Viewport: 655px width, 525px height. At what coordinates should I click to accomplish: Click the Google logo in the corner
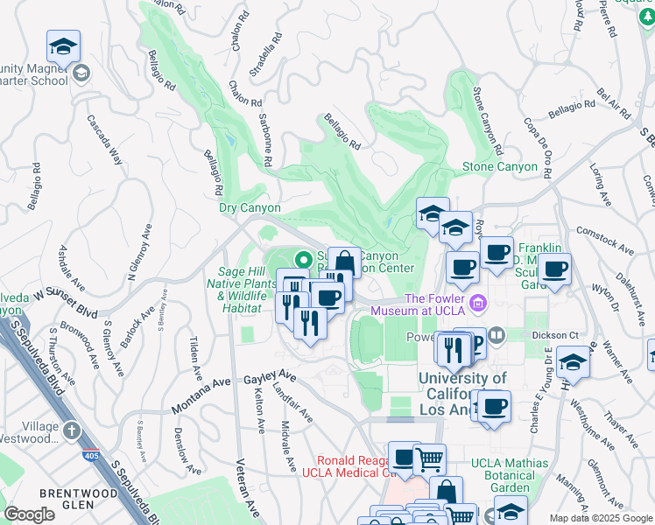30,514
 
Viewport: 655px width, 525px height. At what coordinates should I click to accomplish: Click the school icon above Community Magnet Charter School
63,46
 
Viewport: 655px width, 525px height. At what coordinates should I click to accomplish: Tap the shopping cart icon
429,458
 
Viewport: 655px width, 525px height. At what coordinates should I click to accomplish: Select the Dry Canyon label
250,208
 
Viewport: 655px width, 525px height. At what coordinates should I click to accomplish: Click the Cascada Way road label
105,142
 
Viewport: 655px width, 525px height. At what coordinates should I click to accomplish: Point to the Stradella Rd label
265,55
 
